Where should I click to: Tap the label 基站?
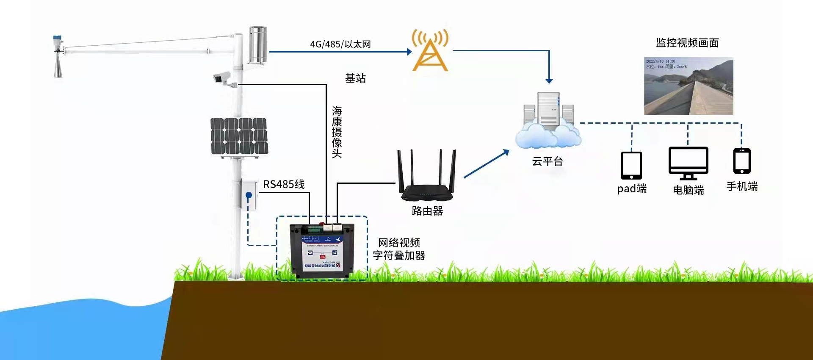[x=355, y=78]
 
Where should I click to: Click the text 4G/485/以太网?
[x=340, y=44]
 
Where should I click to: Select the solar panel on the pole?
[x=239, y=136]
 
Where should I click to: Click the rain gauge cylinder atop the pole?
[x=258, y=44]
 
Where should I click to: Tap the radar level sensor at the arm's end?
[x=58, y=57]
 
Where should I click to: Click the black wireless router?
[x=427, y=178]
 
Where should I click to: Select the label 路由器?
[x=427, y=211]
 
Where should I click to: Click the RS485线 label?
[x=284, y=184]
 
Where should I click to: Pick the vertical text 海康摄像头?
[x=337, y=132]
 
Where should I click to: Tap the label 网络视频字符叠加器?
[x=399, y=249]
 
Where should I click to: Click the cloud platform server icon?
[x=548, y=121]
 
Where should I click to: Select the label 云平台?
[x=548, y=161]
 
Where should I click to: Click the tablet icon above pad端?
[x=631, y=166]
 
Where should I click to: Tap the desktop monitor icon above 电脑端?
[x=688, y=163]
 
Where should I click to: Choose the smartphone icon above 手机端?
[x=742, y=161]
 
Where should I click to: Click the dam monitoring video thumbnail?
[x=689, y=86]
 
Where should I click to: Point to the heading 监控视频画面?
[x=687, y=43]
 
